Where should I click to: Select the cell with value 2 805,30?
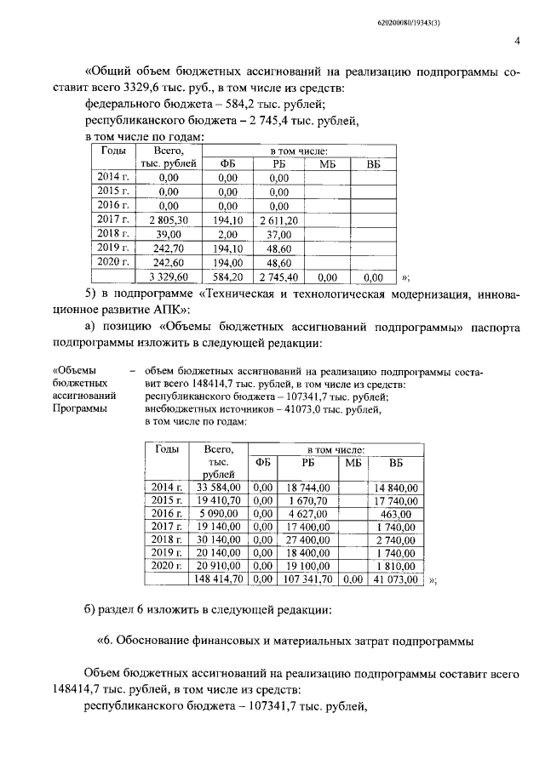[x=169, y=220]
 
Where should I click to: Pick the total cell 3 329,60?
[x=169, y=277]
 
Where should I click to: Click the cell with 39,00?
[x=169, y=234]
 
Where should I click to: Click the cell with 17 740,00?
[x=395, y=500]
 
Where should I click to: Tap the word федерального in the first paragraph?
[x=127, y=104]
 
